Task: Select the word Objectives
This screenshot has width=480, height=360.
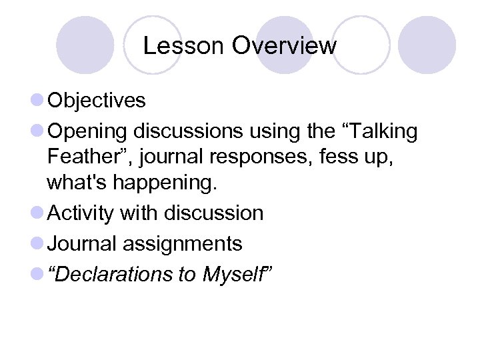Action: point(97,101)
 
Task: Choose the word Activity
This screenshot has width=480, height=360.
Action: point(81,213)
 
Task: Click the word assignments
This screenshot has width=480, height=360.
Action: point(183,244)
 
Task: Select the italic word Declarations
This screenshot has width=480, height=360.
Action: point(113,275)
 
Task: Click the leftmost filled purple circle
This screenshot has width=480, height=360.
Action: point(85,45)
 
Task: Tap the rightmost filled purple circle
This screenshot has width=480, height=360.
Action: point(427,45)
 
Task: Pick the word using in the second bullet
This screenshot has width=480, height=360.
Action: point(279,132)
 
